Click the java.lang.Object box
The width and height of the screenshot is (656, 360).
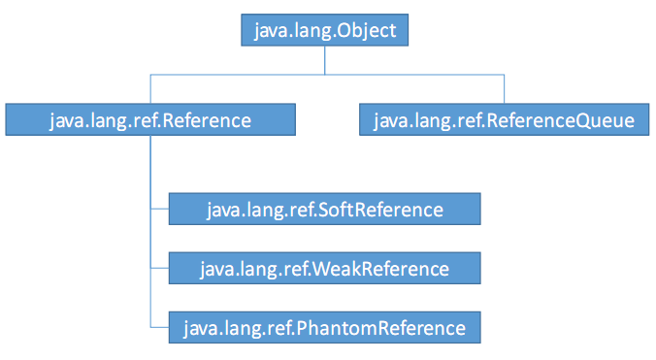(325, 31)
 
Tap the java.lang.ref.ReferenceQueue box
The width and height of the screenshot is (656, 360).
(504, 120)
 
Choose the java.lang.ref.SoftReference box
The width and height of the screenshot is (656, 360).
(324, 210)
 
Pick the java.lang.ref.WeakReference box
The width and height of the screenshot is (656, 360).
(324, 268)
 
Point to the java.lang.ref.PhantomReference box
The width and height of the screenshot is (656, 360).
(324, 327)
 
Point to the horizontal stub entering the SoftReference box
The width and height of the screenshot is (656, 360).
(159, 210)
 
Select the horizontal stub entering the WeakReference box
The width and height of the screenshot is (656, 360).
(159, 268)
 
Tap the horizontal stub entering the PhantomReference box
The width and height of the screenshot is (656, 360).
(159, 327)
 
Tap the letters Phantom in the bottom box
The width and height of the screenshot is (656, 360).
(324, 327)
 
